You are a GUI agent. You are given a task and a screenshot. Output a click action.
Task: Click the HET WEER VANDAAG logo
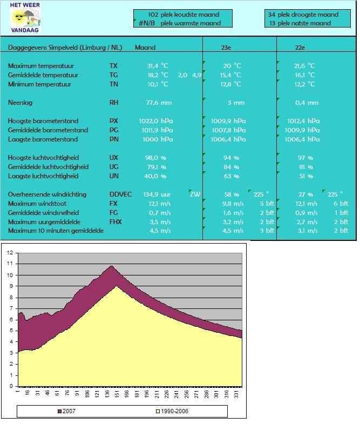click(25, 18)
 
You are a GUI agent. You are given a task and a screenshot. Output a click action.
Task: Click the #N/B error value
click(147, 23)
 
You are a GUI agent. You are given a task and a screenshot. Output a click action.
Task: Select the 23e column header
click(226, 48)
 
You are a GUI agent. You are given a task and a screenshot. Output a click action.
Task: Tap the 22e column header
click(300, 48)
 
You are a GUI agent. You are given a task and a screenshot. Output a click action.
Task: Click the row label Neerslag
click(20, 103)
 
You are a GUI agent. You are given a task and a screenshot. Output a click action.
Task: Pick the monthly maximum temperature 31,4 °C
click(158, 66)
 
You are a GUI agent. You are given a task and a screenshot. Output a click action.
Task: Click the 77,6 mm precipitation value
click(159, 103)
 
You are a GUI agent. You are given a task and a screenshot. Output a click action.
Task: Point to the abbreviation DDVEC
click(120, 194)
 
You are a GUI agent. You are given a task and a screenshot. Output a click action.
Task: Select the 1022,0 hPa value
click(155, 121)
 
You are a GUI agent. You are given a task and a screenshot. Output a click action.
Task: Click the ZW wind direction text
click(195, 194)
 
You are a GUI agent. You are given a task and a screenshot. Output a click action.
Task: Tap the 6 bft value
click(341, 204)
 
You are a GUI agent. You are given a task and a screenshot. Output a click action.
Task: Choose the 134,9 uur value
click(157, 194)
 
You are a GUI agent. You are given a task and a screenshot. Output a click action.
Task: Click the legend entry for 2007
click(66, 411)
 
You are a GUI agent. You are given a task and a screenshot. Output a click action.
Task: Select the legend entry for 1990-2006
click(172, 411)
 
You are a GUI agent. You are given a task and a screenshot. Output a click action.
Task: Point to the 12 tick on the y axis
click(10, 253)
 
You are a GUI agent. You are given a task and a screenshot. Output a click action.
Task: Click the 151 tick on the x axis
click(117, 394)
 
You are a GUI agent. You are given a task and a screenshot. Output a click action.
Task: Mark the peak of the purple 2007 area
click(112, 266)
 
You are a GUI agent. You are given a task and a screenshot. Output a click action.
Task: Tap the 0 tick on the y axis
click(11, 386)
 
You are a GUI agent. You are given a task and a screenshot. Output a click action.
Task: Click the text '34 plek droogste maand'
click(303, 15)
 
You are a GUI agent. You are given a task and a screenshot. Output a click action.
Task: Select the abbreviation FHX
click(116, 222)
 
